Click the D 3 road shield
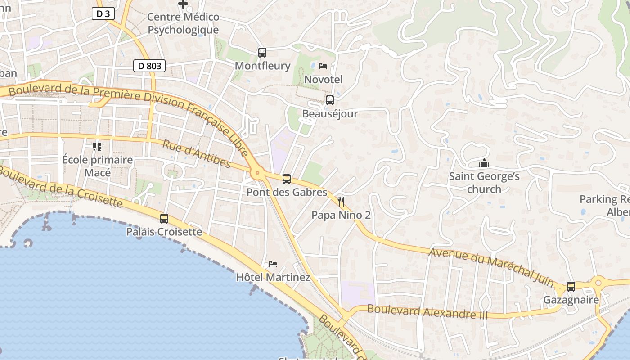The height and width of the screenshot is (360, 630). (103, 13)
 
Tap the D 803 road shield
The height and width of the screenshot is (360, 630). (149, 66)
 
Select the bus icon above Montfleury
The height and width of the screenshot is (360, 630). (262, 52)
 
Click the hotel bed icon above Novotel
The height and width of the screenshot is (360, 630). (323, 66)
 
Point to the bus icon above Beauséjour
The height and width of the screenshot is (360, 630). (330, 100)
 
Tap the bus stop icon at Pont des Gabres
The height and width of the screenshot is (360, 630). (287, 179)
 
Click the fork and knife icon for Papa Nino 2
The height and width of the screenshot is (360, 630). (341, 201)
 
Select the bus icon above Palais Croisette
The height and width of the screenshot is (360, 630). (164, 219)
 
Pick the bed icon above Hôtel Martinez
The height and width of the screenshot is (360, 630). (273, 264)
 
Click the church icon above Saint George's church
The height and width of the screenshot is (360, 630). (484, 163)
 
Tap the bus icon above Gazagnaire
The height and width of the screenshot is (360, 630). (571, 286)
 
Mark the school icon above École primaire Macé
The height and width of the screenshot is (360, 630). (97, 146)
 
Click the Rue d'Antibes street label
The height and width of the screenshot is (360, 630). (197, 154)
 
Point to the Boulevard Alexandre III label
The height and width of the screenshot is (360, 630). (427, 311)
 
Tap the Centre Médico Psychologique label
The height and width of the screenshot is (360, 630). (183, 23)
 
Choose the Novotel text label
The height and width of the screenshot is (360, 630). (323, 80)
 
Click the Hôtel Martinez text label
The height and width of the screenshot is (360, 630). (273, 277)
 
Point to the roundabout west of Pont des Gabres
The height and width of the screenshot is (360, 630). (257, 172)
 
